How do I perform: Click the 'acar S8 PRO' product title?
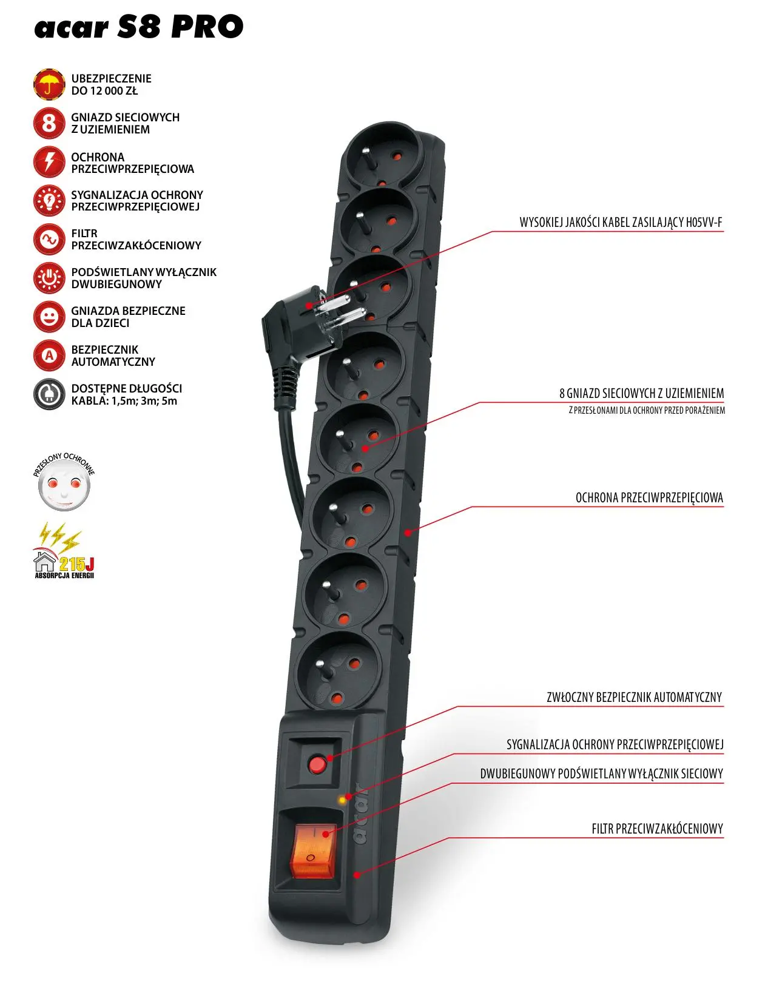pos(139,27)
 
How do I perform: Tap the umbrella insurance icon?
pos(49,84)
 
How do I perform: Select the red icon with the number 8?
pos(49,123)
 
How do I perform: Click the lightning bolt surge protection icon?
pos(49,162)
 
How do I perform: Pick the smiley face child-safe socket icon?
pos(49,317)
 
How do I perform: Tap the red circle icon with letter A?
pos(49,356)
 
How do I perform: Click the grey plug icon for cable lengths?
pos(49,394)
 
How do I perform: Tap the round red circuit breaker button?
pos(317,764)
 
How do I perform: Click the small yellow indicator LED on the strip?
pos(342,800)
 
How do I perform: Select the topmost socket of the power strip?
pos(380,155)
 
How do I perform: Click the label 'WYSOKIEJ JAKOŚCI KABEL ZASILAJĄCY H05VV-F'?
pos(621,222)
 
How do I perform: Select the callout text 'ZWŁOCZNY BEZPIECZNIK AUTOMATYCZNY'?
pos(634,697)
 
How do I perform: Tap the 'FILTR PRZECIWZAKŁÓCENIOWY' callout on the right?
pos(657,829)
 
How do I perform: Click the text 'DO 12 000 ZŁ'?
pos(104,91)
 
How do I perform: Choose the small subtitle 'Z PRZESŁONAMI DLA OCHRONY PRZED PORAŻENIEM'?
pos(647,410)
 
